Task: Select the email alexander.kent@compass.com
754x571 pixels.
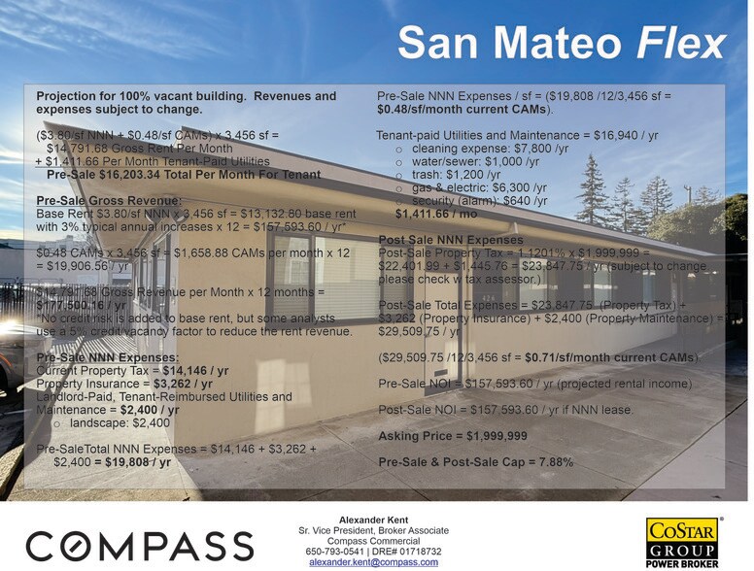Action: coord(373,563)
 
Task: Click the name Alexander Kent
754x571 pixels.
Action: coord(374,521)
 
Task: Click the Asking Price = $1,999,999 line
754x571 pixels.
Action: coord(452,436)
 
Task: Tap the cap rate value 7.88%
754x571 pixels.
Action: coord(551,462)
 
